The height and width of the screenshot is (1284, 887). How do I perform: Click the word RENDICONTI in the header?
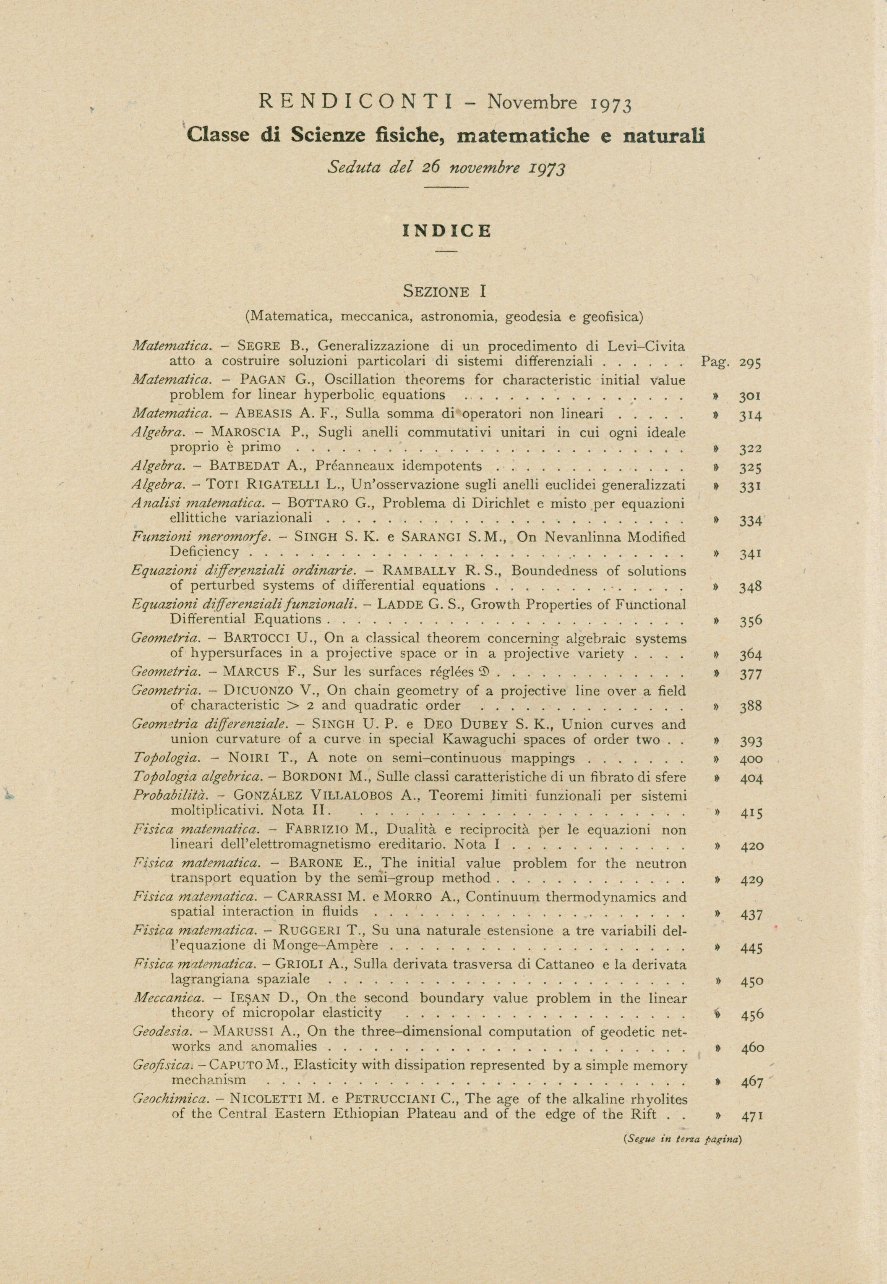[x=356, y=102]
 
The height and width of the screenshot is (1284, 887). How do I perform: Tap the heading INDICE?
[x=447, y=231]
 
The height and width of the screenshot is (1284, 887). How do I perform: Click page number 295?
[x=750, y=363]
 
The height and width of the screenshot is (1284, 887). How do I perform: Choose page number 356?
[x=750, y=621]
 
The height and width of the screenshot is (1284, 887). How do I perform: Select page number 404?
[x=751, y=778]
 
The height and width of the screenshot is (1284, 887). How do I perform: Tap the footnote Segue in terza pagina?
[x=683, y=1138]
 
